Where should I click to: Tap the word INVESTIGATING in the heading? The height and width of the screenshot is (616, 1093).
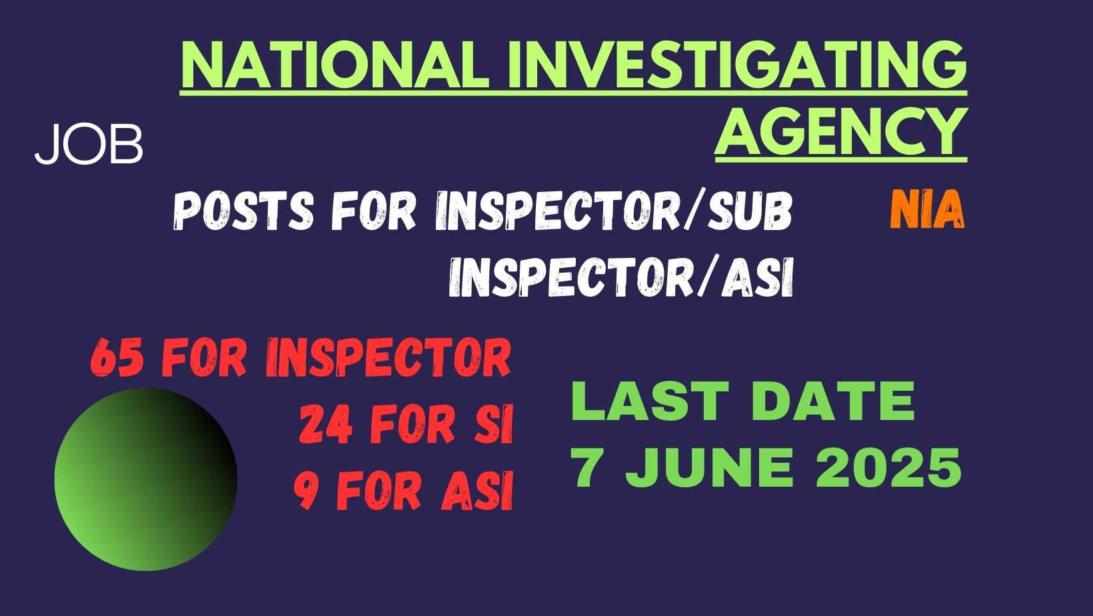click(737, 64)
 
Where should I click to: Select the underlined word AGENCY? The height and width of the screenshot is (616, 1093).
click(840, 130)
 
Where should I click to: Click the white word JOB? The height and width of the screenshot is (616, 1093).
click(89, 145)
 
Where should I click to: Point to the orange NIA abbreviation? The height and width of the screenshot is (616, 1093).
click(927, 209)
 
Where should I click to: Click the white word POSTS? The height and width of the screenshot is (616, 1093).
click(243, 211)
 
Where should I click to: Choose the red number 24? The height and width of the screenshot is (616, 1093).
click(325, 425)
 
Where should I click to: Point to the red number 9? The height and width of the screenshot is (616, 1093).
click(308, 491)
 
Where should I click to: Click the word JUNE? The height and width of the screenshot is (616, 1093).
click(710, 467)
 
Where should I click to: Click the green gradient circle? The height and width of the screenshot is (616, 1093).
click(146, 479)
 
